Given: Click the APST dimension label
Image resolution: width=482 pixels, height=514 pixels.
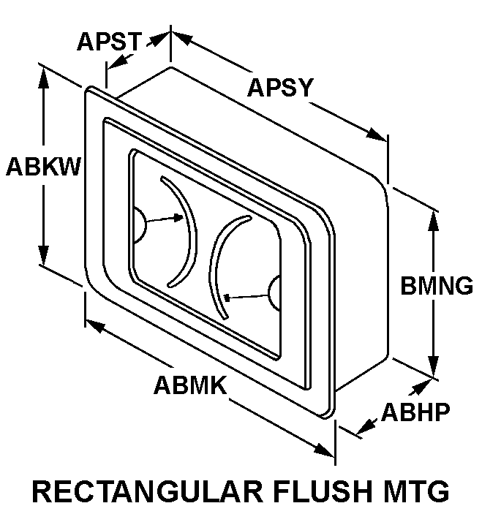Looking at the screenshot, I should click(x=109, y=42).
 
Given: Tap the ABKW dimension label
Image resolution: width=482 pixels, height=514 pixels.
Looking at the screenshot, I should click(x=43, y=167).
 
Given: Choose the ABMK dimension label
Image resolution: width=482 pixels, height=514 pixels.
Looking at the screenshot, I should click(x=189, y=385).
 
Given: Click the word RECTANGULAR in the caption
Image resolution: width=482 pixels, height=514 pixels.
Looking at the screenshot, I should click(x=139, y=491).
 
